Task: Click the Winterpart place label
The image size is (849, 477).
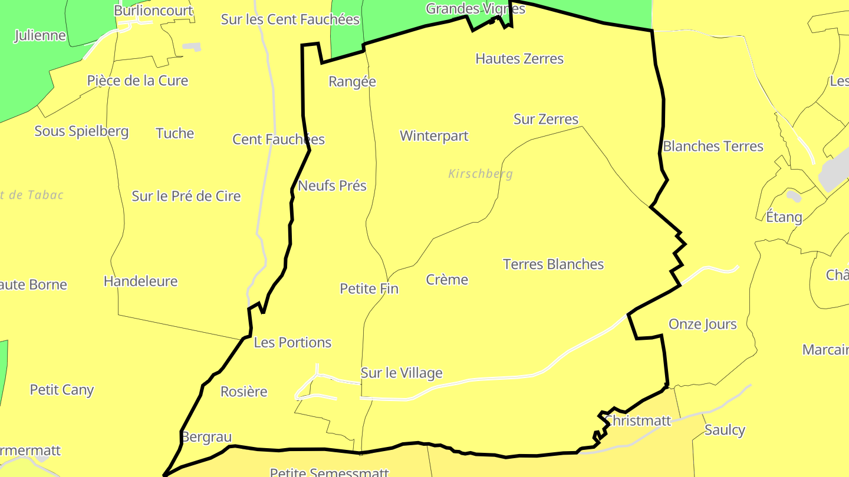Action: [x=434, y=136]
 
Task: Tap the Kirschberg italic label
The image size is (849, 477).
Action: [x=481, y=174]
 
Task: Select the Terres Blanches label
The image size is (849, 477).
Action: [x=553, y=264]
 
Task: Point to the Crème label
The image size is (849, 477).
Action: [x=447, y=280]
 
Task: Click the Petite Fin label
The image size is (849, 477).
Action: [x=369, y=289]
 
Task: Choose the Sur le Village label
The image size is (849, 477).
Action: [x=402, y=373]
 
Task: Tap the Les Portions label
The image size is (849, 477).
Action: [x=292, y=342]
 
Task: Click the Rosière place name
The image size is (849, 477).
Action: [x=243, y=392]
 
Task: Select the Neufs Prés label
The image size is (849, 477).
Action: [x=332, y=186]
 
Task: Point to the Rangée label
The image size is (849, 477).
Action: [x=352, y=82]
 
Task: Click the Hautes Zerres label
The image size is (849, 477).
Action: [x=519, y=59]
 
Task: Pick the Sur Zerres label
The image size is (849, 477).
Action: [x=546, y=119]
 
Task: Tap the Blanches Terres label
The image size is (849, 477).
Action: [x=713, y=147]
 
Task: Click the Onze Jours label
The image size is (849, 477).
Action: [x=702, y=324]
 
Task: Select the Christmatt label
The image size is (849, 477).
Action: [x=638, y=420]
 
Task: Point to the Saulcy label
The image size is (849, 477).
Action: [x=725, y=430]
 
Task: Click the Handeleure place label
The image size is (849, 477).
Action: [x=140, y=281]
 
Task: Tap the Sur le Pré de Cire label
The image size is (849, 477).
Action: [x=186, y=196]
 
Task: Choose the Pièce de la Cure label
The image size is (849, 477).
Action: [x=137, y=81]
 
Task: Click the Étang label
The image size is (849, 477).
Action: [x=784, y=217]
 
